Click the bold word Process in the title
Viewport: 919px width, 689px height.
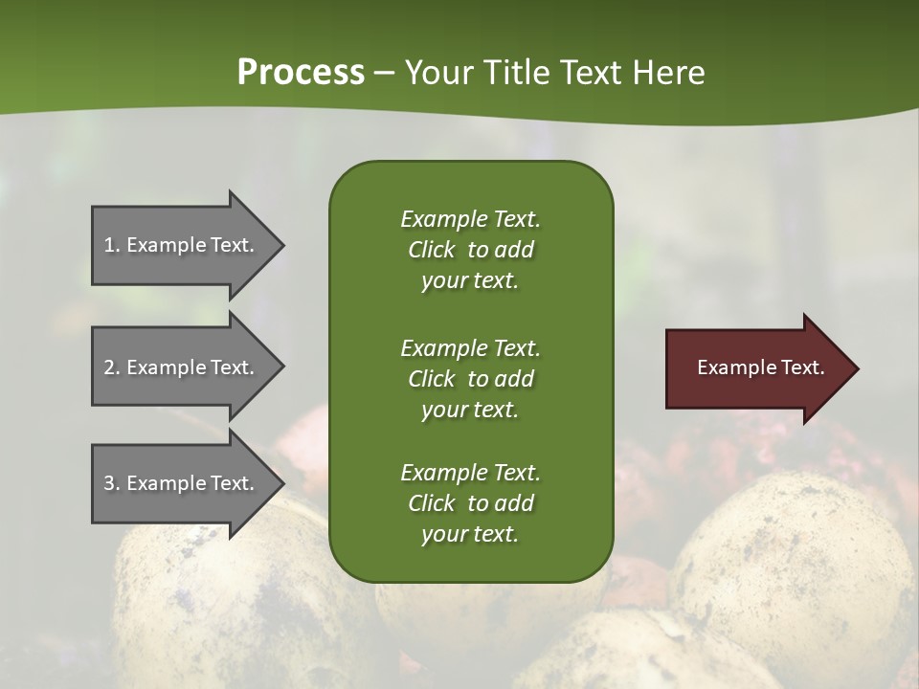(x=301, y=73)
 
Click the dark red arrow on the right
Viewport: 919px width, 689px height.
(x=756, y=367)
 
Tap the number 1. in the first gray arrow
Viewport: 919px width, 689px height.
(x=112, y=245)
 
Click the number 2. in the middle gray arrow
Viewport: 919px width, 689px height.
(x=112, y=367)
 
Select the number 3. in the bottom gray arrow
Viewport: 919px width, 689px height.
(x=112, y=483)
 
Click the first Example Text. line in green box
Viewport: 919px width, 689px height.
(x=470, y=219)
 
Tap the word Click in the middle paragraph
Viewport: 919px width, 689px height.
(x=432, y=379)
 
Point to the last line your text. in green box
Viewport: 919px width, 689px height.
(x=470, y=534)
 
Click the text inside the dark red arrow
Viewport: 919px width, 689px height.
(x=760, y=367)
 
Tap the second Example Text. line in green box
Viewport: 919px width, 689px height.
(x=470, y=347)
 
